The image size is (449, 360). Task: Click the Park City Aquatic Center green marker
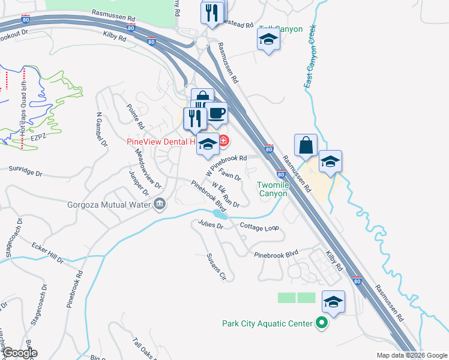click(322, 323)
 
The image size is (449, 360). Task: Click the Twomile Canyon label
click(273, 189)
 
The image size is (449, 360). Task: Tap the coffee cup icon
click(216, 112)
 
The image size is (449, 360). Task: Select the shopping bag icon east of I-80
click(306, 146)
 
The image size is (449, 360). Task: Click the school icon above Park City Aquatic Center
click(334, 302)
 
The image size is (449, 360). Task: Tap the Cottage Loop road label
click(259, 227)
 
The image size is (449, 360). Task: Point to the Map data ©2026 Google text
click(411, 355)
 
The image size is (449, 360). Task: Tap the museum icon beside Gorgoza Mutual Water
click(160, 205)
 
